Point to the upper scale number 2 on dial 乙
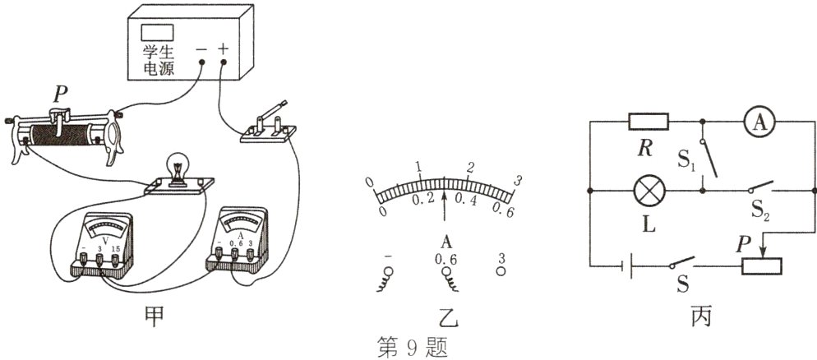tap(470, 168)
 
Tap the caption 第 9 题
tap(408, 344)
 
